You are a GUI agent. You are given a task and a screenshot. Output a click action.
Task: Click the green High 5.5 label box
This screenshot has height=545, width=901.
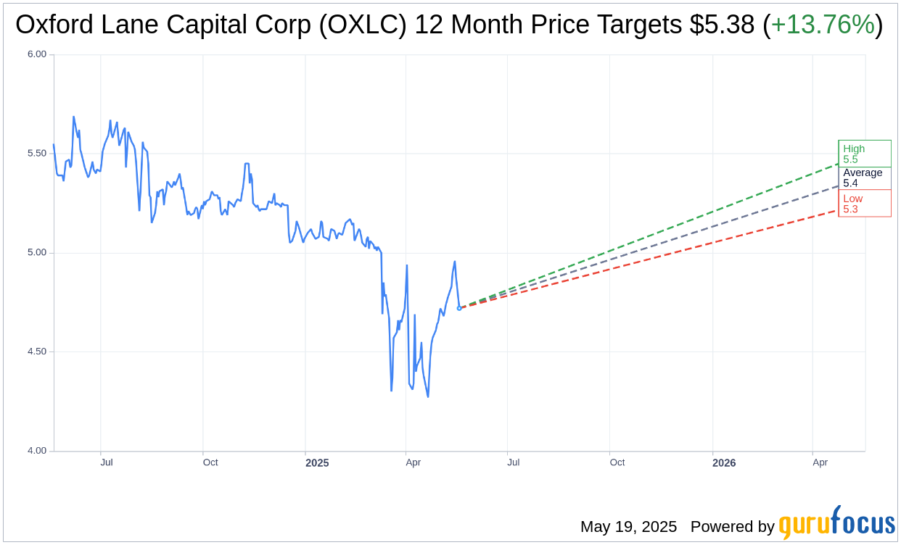864,154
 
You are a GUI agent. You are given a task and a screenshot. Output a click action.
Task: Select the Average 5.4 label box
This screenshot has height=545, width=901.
864,178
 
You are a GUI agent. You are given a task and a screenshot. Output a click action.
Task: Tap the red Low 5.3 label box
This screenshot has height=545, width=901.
864,204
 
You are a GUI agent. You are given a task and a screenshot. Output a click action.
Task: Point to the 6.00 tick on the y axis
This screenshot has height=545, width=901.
36,54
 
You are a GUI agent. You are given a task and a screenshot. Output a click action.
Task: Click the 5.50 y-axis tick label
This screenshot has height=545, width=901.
36,154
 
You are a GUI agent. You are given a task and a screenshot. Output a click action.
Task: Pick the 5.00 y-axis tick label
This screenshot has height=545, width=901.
36,253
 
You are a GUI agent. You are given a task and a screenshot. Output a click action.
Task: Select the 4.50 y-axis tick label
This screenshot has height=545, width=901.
36,351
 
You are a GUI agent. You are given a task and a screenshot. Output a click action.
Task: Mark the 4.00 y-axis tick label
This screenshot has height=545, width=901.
36,451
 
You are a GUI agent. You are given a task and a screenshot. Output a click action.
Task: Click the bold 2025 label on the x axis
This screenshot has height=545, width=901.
317,462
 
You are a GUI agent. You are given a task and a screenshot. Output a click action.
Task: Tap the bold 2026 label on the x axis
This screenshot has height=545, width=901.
724,462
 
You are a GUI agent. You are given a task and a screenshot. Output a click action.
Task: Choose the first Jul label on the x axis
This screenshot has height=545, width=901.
107,462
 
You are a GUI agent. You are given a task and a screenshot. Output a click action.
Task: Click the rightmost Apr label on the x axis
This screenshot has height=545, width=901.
820,462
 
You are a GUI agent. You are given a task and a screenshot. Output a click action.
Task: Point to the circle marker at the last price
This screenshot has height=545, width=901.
459,308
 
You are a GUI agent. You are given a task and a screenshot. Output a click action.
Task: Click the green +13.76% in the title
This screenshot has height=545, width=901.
823,25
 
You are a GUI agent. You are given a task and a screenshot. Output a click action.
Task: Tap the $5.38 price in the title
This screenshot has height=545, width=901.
721,25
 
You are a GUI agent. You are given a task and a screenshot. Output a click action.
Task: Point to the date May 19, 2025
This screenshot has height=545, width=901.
628,527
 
